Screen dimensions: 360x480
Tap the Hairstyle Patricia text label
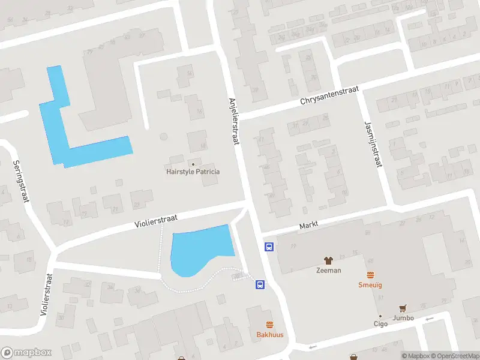[193, 172]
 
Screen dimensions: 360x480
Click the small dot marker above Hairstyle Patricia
[193, 163]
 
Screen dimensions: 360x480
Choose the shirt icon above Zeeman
[328, 260]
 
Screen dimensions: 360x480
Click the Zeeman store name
[328, 270]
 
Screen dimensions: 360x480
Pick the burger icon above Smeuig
[370, 275]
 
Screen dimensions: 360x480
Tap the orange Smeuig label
[370, 285]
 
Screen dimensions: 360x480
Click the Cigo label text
[380, 324]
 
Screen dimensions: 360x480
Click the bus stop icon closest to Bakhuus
[260, 285]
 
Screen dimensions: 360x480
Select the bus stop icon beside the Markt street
[269, 247]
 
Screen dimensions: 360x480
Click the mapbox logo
[26, 352]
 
